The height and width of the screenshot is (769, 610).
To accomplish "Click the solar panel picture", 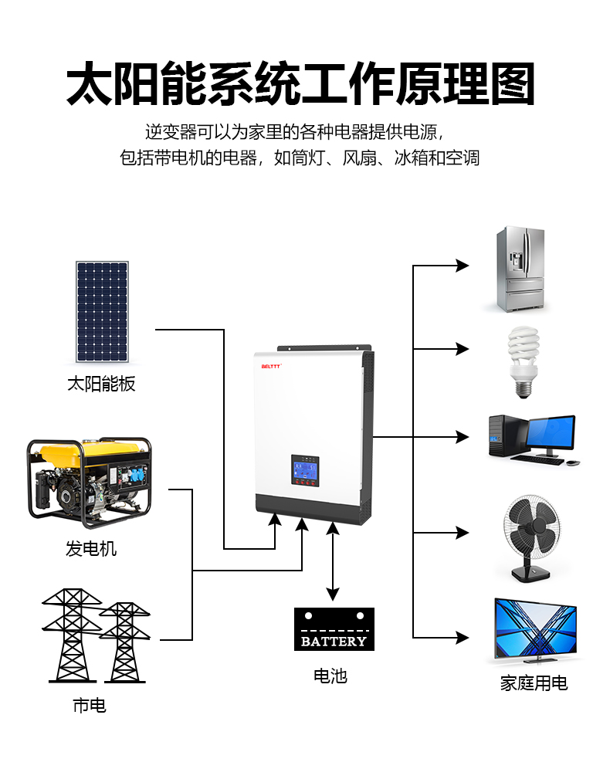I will coord(102,312).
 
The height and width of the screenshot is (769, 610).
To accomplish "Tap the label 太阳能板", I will coord(101,384).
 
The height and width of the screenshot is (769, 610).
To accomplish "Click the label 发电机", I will coord(91,549).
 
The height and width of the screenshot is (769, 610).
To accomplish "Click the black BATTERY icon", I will coord(334,629).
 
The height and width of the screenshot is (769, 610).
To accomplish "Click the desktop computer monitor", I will coord(551,433).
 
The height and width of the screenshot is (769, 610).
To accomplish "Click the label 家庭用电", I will coord(534,683).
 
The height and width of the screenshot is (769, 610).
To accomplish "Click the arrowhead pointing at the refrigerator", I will coord(462,266).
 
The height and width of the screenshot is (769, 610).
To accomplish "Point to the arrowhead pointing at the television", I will coord(462,638).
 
